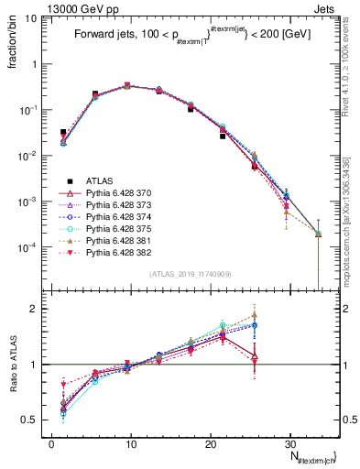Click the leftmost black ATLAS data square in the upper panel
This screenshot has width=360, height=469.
(63, 132)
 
